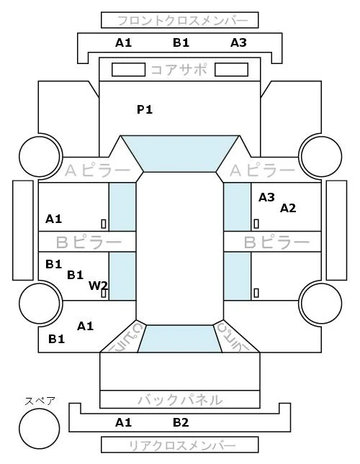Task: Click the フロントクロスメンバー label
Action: point(182,21)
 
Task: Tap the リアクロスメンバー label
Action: point(182,445)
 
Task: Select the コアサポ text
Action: point(179,70)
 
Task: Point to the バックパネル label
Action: point(180,400)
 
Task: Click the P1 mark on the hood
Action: point(145,109)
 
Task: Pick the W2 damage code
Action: point(98,286)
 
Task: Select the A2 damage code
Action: point(288,209)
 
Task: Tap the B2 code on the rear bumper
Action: point(181,422)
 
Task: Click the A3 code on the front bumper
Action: point(238,42)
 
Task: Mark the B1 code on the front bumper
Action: point(181,42)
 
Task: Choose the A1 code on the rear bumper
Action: point(123,422)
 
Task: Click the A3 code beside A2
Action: point(266,197)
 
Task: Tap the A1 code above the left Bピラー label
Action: point(53,219)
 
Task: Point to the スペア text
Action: point(40,401)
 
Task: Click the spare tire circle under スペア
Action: point(40,429)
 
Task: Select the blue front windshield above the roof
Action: point(180,153)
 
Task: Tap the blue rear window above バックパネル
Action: point(180,339)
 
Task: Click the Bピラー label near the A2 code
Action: point(276,242)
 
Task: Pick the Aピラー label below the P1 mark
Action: point(97,170)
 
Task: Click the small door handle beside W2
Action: point(104,293)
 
